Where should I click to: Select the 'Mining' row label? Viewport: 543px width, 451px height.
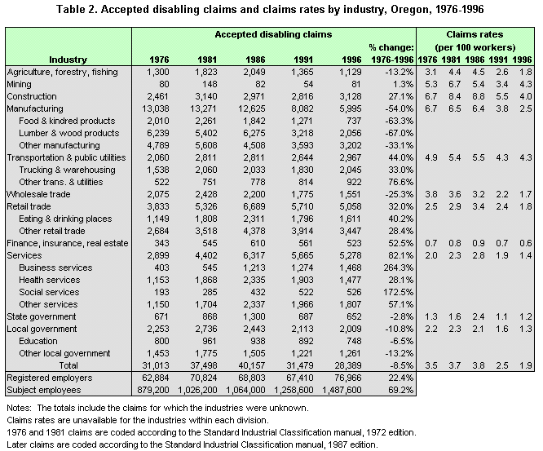pos(20,84)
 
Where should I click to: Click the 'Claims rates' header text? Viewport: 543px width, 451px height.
pos(475,35)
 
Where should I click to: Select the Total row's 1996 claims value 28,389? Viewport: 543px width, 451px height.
pos(339,365)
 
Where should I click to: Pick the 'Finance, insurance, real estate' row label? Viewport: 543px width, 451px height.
pos(67,243)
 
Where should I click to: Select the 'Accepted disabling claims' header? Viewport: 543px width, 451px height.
pos(274,35)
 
